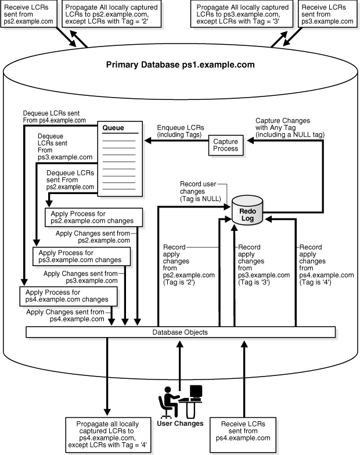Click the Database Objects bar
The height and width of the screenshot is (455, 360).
click(180, 332)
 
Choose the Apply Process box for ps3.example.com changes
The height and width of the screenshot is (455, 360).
click(81, 256)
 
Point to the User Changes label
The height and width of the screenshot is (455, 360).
click(181, 423)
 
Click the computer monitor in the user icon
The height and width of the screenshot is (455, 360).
click(196, 393)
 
